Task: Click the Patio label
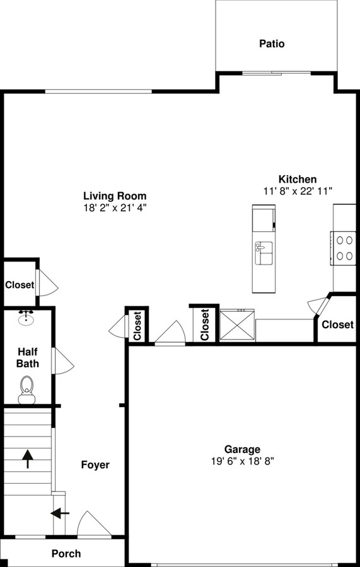pyautogui.click(x=272, y=44)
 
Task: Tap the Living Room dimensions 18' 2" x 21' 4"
pyautogui.click(x=115, y=207)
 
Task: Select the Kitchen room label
pyautogui.click(x=298, y=180)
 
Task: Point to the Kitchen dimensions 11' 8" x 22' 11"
pyautogui.click(x=298, y=191)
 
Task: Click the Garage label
pyautogui.click(x=242, y=449)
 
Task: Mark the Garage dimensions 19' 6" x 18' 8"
pyautogui.click(x=242, y=461)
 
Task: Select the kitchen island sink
pyautogui.click(x=264, y=253)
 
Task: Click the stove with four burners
pyautogui.click(x=344, y=248)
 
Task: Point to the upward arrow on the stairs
pyautogui.click(x=28, y=459)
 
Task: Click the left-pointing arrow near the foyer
pyautogui.click(x=60, y=513)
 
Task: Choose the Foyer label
pyautogui.click(x=95, y=465)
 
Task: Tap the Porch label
pyautogui.click(x=66, y=554)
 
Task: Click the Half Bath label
pyautogui.click(x=28, y=358)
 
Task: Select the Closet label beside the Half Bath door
pyautogui.click(x=20, y=285)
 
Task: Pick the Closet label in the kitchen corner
pyautogui.click(x=337, y=324)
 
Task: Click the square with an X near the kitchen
pyautogui.click(x=237, y=324)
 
